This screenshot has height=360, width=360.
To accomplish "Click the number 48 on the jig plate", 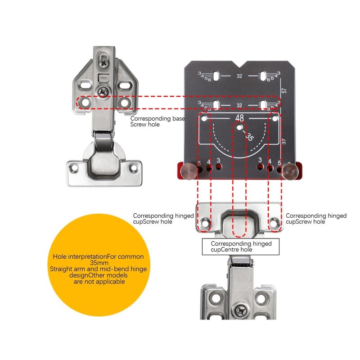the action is [239, 118].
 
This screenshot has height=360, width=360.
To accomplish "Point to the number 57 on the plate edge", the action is [283, 90].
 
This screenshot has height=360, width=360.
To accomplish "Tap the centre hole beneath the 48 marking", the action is [239, 127].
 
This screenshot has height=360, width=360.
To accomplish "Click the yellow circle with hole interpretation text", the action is [98, 269].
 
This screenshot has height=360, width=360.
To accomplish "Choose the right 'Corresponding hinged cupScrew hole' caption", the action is [316, 219].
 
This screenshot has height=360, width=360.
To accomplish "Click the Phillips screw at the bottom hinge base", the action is [239, 310].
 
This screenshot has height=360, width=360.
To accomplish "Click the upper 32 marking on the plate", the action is [239, 76].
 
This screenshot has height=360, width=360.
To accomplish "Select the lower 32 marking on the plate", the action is [239, 106].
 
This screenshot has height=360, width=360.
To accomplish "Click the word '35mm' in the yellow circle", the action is [98, 263].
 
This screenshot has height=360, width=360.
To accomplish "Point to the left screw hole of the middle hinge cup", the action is [206, 222].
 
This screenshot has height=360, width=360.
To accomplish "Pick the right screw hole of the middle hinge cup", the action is [273, 222].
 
